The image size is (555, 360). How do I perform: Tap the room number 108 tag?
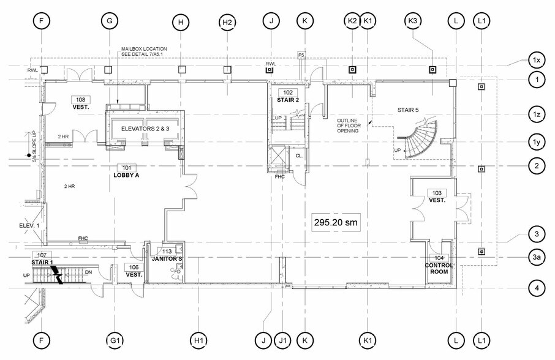(x=80, y=99)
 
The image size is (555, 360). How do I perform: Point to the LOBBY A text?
(x=127, y=175)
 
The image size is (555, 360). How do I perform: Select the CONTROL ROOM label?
(x=439, y=269)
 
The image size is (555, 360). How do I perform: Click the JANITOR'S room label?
(x=164, y=260)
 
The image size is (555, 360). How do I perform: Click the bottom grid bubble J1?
(x=283, y=340)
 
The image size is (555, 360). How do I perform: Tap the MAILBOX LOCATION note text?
(x=145, y=51)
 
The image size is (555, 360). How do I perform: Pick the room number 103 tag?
(x=437, y=192)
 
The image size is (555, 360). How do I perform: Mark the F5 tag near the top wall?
(x=301, y=56)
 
